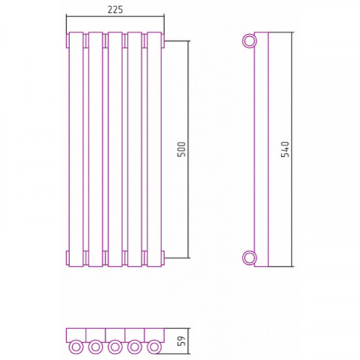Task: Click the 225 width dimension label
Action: (x=115, y=9)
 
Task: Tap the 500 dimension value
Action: (x=181, y=149)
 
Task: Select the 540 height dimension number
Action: (x=285, y=149)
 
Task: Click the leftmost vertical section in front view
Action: (x=76, y=149)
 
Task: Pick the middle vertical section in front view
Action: (x=115, y=149)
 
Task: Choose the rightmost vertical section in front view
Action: (x=154, y=149)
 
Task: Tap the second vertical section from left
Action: (x=96, y=149)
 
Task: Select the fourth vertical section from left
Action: (x=135, y=149)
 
